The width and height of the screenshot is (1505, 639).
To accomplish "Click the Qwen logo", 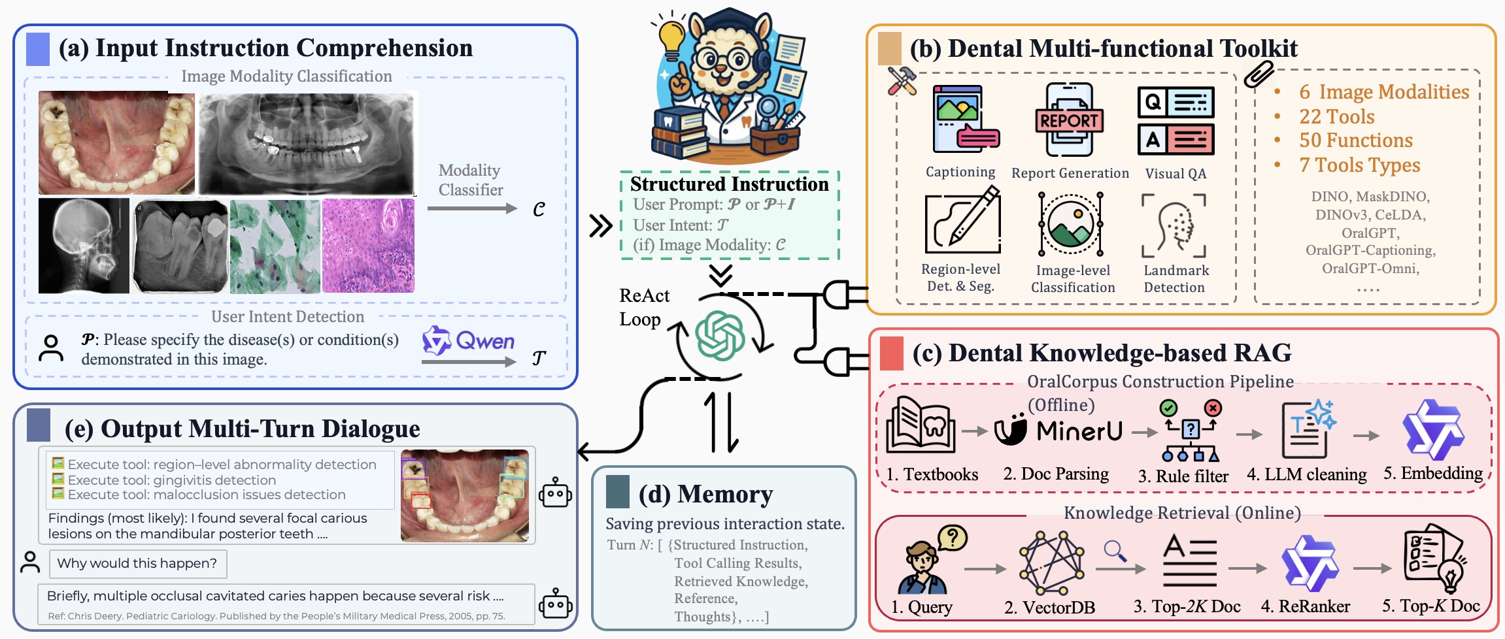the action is pos(468,340).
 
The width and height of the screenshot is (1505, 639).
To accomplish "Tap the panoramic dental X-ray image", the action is pos(307,143).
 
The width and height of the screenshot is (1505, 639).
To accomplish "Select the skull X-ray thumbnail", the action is pos(84,246).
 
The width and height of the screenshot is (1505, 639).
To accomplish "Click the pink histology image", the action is pos(368,246).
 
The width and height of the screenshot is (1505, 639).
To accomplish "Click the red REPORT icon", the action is pos(1070,120).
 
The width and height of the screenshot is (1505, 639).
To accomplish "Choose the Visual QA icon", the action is pos(1176,121).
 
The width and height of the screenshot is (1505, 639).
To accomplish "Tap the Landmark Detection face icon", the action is pos(1174,225).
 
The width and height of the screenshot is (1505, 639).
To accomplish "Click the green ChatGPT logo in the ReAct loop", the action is pos(720,336).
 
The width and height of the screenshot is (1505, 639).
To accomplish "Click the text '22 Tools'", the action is pos(1337,116).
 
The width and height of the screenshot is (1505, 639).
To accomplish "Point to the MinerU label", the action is pos(1079,431).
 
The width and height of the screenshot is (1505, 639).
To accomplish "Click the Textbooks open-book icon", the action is pos(921,425).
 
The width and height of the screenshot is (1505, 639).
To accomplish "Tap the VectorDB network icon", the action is pos(1051,563).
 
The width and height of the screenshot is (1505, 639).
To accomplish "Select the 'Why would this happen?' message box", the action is pos(138,564).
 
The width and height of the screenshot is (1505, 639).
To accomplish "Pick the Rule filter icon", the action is pos(1191,431).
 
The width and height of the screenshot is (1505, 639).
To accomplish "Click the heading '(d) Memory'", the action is pos(705,494).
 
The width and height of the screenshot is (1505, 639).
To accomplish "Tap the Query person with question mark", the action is pos(930,559).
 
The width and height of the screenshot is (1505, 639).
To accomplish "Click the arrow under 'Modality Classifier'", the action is pos(472,208).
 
